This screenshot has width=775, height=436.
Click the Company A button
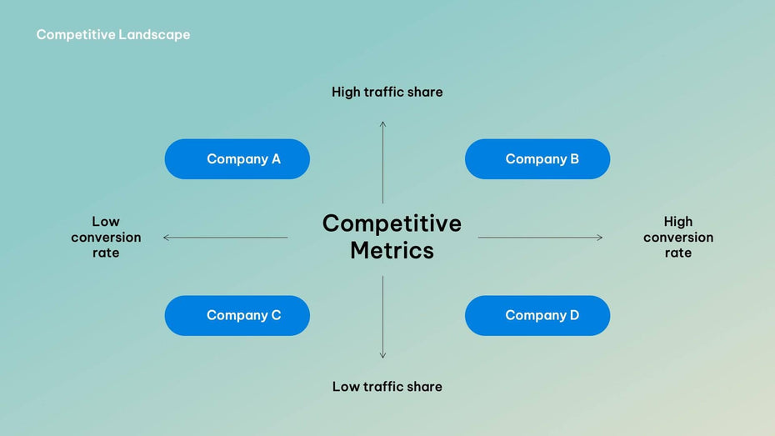coord(237,159)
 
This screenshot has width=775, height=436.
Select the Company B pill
coord(537,159)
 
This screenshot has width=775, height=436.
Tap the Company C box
coord(237,315)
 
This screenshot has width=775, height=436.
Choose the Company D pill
coord(537,315)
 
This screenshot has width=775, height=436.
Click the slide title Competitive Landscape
coord(113,35)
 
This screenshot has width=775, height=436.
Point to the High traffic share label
coord(387,92)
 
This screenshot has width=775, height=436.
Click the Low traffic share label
coord(387,386)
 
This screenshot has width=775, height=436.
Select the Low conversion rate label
coord(106,237)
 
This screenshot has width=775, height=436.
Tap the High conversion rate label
coord(678,237)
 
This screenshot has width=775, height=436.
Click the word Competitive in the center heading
coord(392,223)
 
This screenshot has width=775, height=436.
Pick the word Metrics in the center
coord(392,250)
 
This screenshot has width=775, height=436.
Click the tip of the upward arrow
coord(383,123)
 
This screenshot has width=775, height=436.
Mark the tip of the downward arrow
coord(383,357)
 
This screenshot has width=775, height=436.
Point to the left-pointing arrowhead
coord(165,238)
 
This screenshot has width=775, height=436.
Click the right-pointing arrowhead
coord(601,238)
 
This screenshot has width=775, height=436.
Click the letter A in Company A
coord(276,159)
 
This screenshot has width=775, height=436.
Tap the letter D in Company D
coord(574,315)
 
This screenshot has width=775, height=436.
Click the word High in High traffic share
coord(346,92)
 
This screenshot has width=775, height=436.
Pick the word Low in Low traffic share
coord(345,386)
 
